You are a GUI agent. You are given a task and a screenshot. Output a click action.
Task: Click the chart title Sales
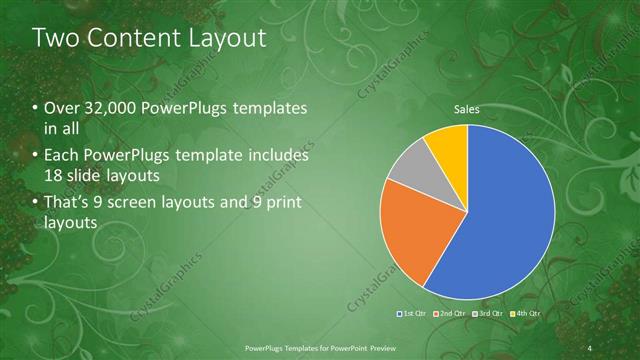point(467,108)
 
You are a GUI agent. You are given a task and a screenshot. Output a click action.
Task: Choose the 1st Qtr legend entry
point(411,314)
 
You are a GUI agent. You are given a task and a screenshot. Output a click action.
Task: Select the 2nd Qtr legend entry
point(450,314)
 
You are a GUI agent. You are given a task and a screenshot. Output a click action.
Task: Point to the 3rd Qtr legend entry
point(487,314)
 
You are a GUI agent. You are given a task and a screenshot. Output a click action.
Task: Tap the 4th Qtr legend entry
point(525,314)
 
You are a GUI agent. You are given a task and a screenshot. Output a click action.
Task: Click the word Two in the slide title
point(55,39)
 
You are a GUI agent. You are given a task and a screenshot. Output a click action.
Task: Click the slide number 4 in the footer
point(590,348)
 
